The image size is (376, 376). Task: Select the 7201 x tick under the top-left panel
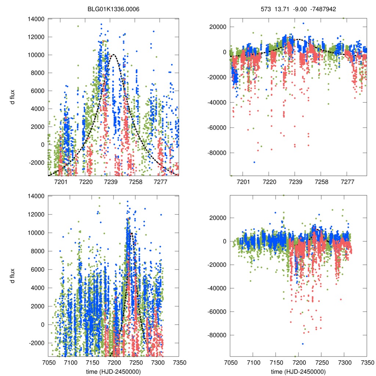pos(61,182)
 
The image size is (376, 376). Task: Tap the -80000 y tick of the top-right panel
pos(215,153)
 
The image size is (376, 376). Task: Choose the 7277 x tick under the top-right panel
pos(347,182)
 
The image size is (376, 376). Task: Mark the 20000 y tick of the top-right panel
pos(217,27)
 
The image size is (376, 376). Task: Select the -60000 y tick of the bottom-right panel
pos(215,312)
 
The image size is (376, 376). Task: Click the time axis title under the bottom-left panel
pos(113,371)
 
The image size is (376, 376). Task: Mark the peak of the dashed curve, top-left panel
pos(113,55)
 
